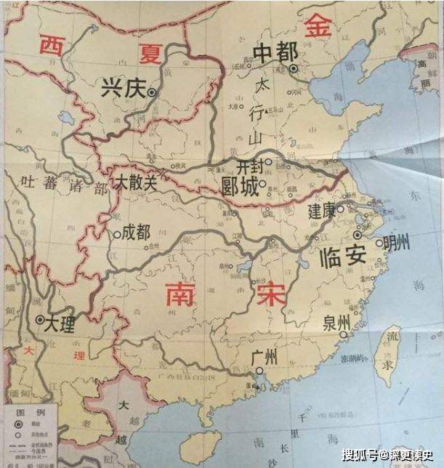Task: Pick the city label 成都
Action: click(137, 233)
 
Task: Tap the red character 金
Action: click(318, 27)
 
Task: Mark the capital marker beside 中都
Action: click(293, 69)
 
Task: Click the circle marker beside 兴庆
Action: click(151, 92)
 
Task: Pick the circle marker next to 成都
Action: click(116, 234)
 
